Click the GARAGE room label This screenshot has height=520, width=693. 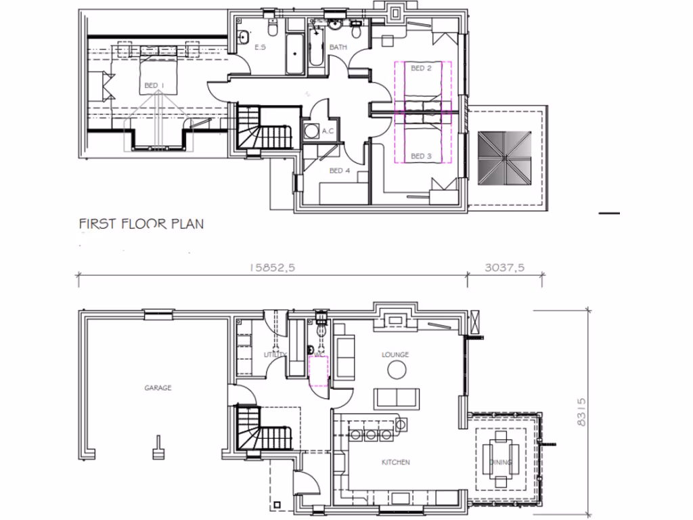[x=158, y=388]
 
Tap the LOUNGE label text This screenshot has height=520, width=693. [x=395, y=354]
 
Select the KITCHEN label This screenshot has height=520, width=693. [x=395, y=462]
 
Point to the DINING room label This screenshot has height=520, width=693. [x=501, y=463]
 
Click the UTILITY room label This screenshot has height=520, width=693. [x=275, y=355]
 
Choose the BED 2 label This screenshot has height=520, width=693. [x=421, y=68]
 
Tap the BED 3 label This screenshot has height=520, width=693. [x=421, y=156]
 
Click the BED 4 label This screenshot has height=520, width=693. [x=340, y=171]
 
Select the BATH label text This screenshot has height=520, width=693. [x=338, y=47]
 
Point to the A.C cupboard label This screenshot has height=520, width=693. [x=329, y=131]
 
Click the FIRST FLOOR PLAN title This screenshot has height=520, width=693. [x=141, y=223]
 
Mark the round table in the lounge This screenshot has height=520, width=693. [x=396, y=370]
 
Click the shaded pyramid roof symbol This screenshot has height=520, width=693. [x=504, y=157]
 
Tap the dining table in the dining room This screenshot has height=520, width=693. [x=501, y=458]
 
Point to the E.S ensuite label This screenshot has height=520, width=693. [x=260, y=47]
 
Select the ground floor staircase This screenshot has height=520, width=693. [x=263, y=428]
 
